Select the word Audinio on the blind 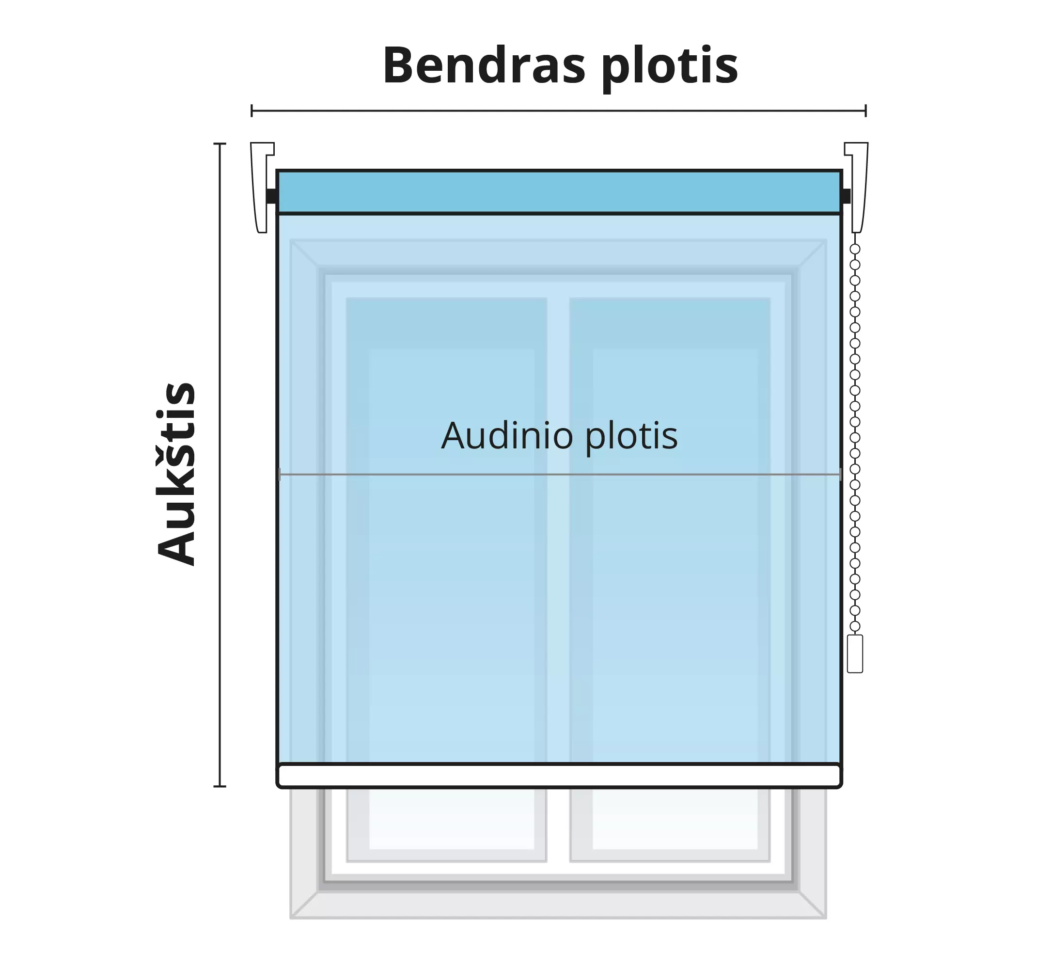coord(507,436)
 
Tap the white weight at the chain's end coord(855,653)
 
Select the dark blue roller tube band coord(559,191)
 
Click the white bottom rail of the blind coord(559,776)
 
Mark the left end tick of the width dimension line coord(251,111)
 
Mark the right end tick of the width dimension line coord(866,111)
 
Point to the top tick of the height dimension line coord(220,143)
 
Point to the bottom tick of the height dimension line coord(220,786)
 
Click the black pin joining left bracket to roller coord(271,196)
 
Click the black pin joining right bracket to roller coord(846,196)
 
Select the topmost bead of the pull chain coord(855,249)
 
